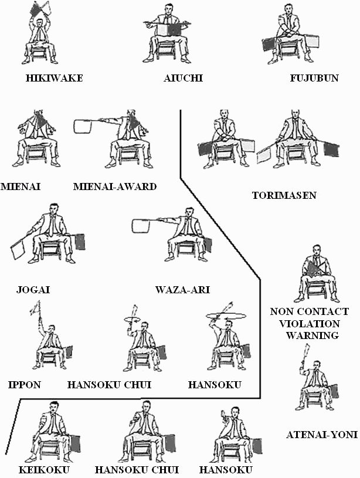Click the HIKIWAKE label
click(x=54, y=78)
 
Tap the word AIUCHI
click(x=184, y=78)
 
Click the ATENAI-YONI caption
click(x=322, y=435)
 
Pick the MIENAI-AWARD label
click(x=116, y=187)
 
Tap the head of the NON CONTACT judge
click(x=316, y=262)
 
